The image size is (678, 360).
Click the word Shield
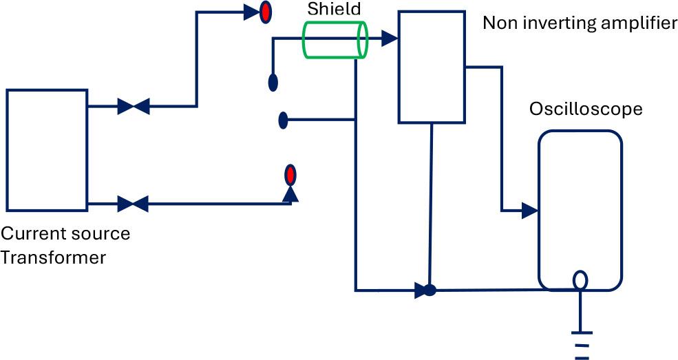click(x=334, y=9)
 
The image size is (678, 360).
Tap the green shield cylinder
click(x=335, y=40)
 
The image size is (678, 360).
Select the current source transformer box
click(x=47, y=150)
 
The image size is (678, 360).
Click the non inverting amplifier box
click(x=432, y=67)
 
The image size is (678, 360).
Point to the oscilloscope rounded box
click(x=580, y=211)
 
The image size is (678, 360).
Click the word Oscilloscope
click(x=586, y=109)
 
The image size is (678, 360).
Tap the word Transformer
click(x=53, y=257)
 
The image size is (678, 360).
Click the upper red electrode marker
click(x=266, y=12)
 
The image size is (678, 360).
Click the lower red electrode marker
click(x=290, y=176)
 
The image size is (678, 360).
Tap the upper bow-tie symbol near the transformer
click(x=134, y=106)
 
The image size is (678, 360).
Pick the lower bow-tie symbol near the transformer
click(x=133, y=204)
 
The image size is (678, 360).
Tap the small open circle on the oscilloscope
click(x=580, y=280)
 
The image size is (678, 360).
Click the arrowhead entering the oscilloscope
click(x=530, y=211)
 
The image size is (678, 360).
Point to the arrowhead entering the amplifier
click(x=390, y=39)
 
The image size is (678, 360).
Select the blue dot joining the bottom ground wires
click(x=430, y=290)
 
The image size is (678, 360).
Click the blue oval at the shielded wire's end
click(x=273, y=83)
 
